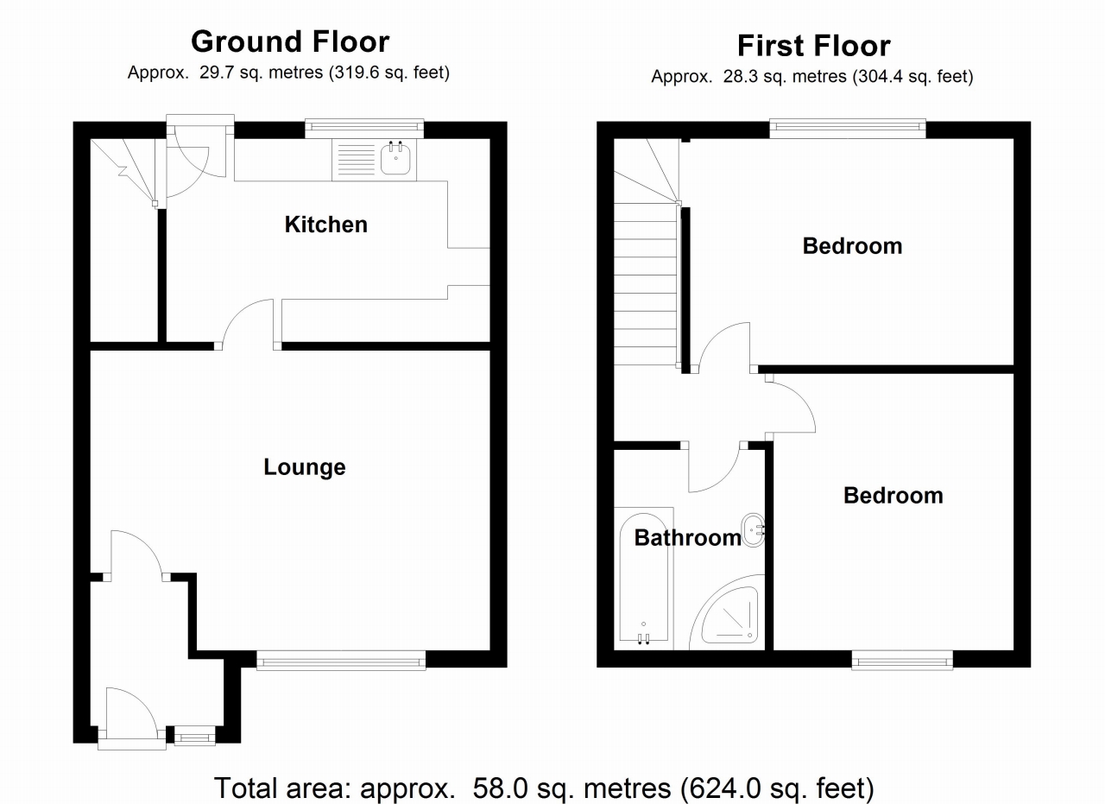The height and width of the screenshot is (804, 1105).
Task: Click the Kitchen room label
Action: [x=325, y=225]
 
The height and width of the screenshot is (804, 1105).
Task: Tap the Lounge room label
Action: [x=304, y=467]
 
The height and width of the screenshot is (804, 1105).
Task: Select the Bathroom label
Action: [x=687, y=538]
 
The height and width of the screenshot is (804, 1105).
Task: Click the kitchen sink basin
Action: [x=396, y=160]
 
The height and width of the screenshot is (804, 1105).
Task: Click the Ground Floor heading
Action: [x=289, y=41]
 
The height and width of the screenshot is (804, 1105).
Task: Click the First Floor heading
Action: [x=813, y=45]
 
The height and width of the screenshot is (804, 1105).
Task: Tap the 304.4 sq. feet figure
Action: [x=912, y=77]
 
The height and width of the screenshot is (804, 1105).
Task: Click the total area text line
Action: [x=544, y=787]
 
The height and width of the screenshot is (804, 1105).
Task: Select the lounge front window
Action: [x=341, y=662]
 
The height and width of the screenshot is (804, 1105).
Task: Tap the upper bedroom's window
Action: [x=848, y=129]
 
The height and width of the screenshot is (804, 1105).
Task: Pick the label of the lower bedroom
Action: [x=893, y=496]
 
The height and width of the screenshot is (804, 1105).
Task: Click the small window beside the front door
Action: [x=193, y=737]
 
